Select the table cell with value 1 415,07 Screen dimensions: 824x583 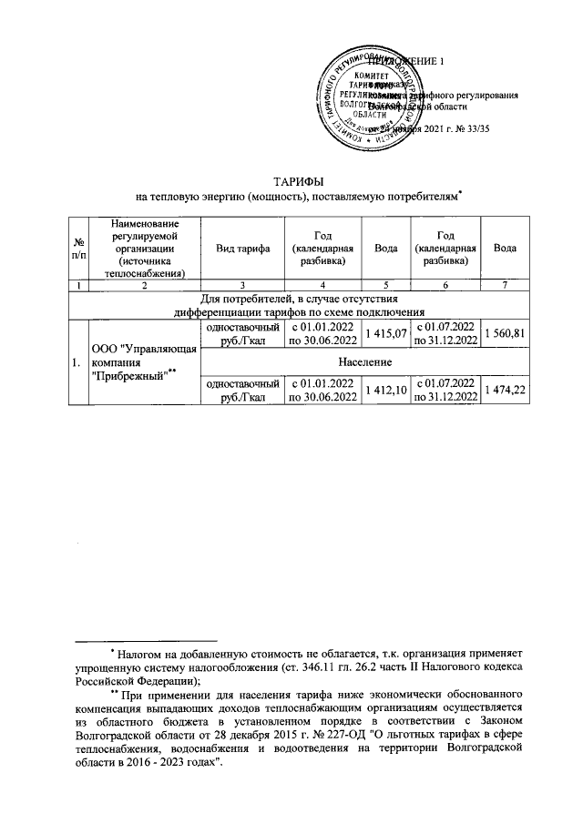click(385, 333)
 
